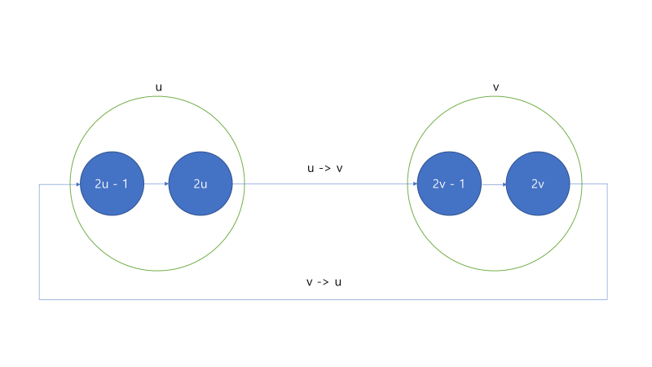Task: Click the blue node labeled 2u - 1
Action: (x=112, y=184)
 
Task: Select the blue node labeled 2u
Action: (x=200, y=184)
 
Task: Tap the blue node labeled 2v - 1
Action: (x=449, y=184)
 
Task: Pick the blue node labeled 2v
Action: (x=538, y=184)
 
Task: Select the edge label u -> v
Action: (x=325, y=168)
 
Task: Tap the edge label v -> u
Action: (x=325, y=282)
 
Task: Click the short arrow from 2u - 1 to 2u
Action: (x=155, y=184)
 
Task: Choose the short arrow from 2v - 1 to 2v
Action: (x=492, y=184)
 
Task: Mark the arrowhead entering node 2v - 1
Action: (x=413, y=184)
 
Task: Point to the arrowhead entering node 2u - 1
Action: (x=77, y=184)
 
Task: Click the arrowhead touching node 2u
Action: (x=165, y=184)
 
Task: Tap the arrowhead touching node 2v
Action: (x=503, y=184)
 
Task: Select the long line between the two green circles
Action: (x=326, y=184)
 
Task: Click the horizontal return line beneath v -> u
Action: (x=325, y=299)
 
